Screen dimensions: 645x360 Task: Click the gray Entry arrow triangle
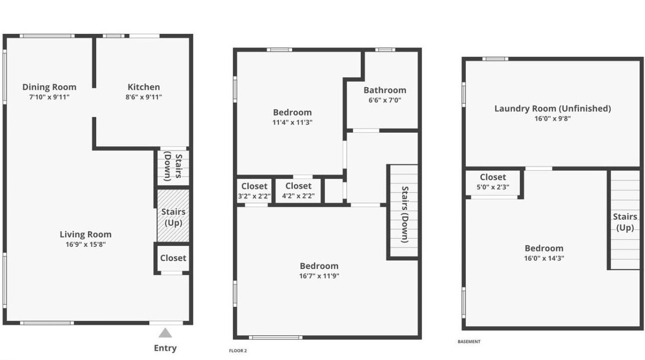coord(165,333)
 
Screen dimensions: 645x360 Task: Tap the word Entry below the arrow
coord(165,348)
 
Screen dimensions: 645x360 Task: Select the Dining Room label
coord(49,87)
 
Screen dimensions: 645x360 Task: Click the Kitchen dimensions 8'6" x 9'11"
coord(144,97)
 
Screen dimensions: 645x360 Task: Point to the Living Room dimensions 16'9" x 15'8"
coord(86,245)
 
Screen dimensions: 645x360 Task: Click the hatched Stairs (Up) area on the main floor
coord(173,215)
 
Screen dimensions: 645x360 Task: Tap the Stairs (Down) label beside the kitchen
coord(173,167)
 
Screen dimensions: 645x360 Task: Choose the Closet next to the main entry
coord(173,258)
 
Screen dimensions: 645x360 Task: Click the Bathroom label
coord(385,90)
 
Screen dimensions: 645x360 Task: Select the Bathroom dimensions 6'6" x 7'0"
coord(385,100)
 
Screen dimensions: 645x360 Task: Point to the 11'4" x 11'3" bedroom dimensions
coord(293,123)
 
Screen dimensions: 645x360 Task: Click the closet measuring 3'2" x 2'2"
coord(254,191)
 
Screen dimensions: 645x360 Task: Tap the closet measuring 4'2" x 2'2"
coord(298,191)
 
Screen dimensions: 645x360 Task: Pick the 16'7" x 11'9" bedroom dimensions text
coord(319,276)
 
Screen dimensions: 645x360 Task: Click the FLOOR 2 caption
coord(238,350)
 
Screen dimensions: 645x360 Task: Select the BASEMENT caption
coord(469,341)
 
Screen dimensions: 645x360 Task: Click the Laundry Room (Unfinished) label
coord(553,108)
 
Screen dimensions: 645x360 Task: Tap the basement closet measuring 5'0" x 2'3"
coord(493,182)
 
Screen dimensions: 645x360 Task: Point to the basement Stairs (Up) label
coord(625,222)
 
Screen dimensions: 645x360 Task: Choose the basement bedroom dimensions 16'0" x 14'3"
coord(544,258)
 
